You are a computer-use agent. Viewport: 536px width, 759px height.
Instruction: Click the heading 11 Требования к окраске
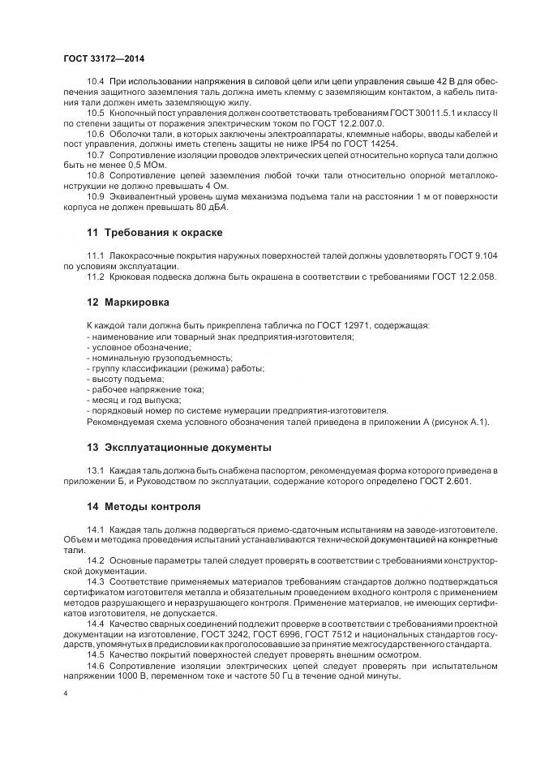point(154,232)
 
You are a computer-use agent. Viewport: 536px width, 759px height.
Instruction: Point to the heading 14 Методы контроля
point(143,507)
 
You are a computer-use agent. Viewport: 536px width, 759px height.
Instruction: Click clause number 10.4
point(96,82)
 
